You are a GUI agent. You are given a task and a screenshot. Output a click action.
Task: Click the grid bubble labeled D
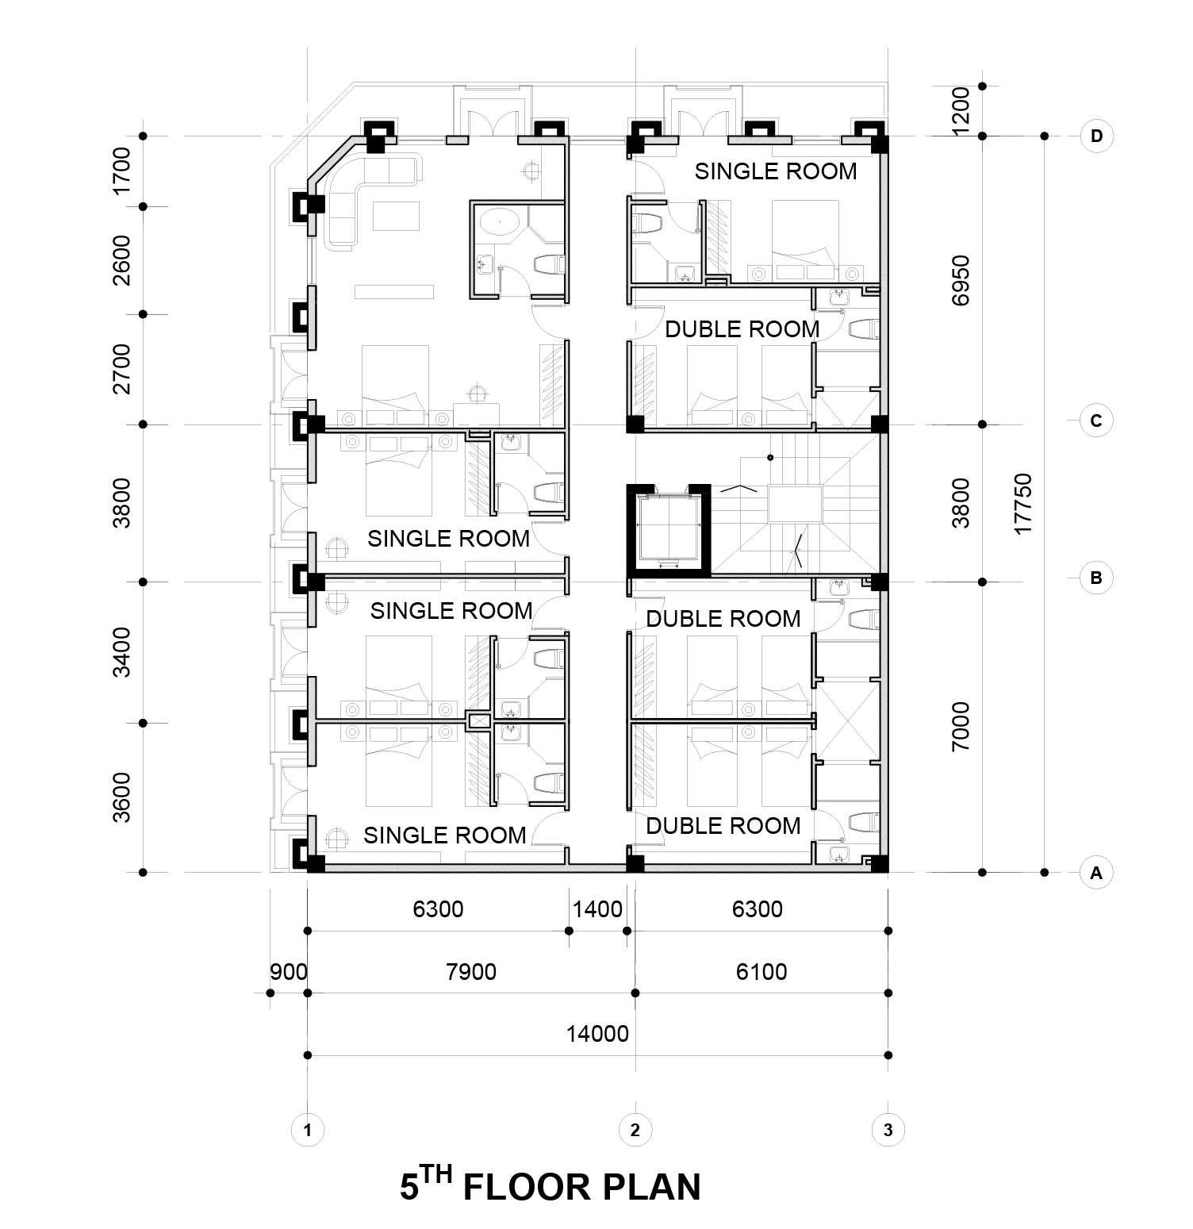click(1095, 136)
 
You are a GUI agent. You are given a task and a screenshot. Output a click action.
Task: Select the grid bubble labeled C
click(1095, 421)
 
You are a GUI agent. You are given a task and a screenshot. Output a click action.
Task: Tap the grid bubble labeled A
click(1095, 873)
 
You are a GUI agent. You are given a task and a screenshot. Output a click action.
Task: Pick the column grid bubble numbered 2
click(635, 1130)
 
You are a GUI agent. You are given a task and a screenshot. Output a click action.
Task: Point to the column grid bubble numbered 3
click(888, 1130)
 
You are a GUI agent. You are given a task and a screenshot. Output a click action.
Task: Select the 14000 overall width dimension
click(596, 1034)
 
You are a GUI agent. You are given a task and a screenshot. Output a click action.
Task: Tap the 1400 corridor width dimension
click(597, 908)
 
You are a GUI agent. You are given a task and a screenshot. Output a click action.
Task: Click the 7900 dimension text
click(471, 971)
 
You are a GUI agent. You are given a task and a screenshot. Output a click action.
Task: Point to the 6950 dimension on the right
click(961, 280)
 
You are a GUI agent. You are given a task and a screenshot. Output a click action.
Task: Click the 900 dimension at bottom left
click(288, 971)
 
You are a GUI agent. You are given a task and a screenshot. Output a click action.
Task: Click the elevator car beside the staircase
click(666, 528)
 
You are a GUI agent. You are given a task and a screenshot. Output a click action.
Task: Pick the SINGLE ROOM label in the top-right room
click(775, 171)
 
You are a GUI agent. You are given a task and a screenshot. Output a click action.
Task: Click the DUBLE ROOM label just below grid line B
click(723, 619)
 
